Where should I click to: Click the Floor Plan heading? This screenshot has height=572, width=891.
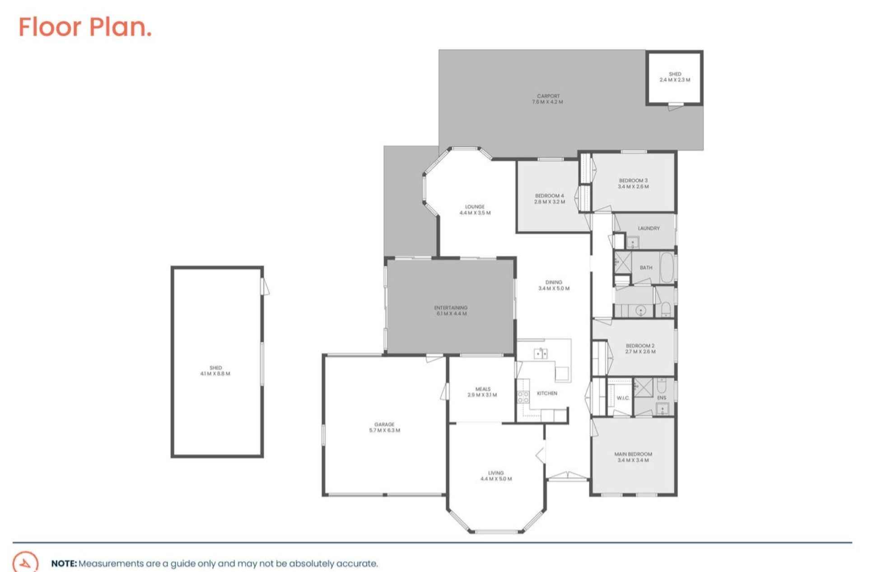point(85,27)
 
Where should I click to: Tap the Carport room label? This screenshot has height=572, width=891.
point(548,96)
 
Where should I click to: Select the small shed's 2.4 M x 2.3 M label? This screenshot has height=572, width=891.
point(675,80)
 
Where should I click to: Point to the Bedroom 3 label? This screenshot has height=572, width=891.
point(633,181)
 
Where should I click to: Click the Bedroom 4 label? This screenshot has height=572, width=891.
point(549,196)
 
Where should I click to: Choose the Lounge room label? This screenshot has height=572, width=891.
point(475,207)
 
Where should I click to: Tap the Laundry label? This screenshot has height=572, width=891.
point(648,228)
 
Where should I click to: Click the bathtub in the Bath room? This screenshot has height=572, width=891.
point(667,267)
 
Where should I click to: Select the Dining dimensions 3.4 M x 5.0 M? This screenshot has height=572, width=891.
point(554,288)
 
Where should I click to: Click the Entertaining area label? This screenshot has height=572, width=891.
point(451,308)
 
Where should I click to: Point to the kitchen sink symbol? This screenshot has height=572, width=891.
point(541,353)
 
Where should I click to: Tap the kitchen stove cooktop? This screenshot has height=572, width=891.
point(523,397)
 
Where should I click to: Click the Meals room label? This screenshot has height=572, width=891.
point(482,389)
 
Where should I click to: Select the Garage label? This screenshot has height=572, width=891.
point(384,424)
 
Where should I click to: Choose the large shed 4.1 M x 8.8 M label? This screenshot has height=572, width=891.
point(215,374)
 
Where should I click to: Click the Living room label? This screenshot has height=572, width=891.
point(495,473)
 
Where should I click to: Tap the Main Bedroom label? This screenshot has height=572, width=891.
point(633,454)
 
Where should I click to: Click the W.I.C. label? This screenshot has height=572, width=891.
point(623,398)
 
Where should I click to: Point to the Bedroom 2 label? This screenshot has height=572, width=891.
point(640,346)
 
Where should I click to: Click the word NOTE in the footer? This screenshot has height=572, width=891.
point(64,563)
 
